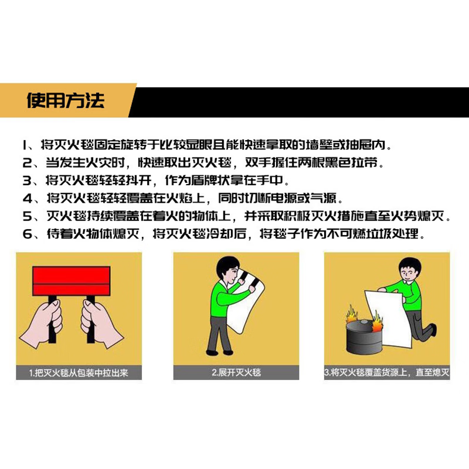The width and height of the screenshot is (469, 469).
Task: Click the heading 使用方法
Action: pos(65,100)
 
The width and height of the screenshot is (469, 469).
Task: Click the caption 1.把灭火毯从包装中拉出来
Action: pos(79,372)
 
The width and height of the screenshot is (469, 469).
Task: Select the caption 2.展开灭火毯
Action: pos(236,372)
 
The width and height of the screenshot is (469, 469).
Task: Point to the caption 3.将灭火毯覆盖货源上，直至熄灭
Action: pos(387,372)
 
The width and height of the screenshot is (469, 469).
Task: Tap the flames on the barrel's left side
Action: pos(351,317)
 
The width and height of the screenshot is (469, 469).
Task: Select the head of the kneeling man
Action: pos(407,271)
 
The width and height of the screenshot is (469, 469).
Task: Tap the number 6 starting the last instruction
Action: pos(26,234)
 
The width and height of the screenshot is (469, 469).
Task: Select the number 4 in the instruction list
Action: pos(26,199)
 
